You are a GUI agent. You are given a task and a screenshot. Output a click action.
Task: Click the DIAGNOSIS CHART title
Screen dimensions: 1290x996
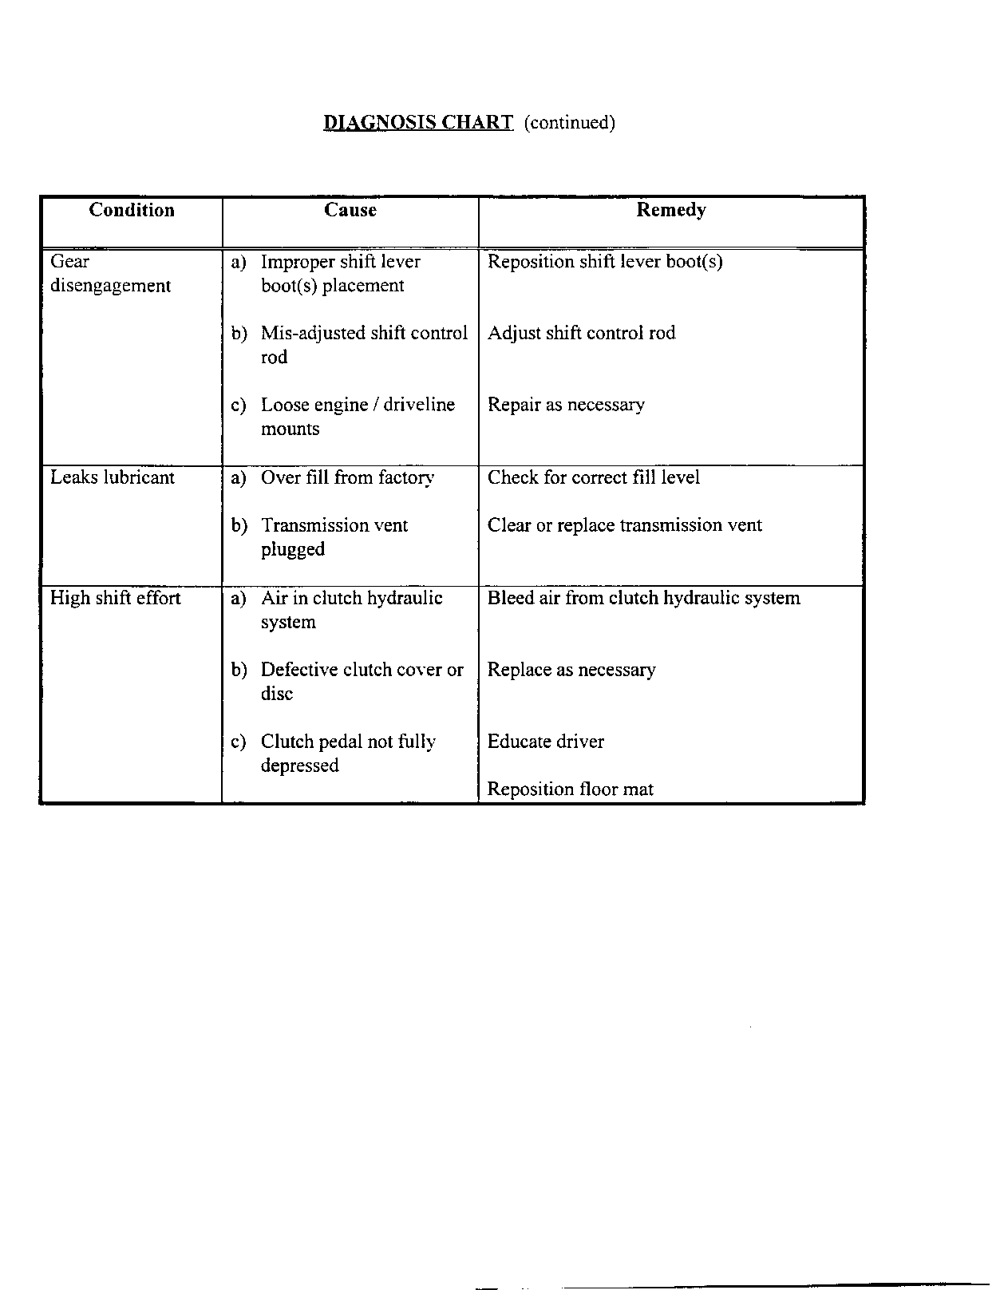(418, 122)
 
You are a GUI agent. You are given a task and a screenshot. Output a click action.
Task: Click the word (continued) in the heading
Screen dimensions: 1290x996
(569, 122)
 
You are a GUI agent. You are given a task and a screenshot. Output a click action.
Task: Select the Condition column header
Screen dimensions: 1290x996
(132, 210)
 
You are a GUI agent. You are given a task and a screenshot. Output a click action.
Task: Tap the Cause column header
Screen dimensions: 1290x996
(350, 210)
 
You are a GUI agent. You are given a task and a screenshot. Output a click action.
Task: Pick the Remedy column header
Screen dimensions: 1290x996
(670, 210)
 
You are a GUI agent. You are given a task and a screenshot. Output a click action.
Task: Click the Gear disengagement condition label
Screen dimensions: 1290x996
(110, 273)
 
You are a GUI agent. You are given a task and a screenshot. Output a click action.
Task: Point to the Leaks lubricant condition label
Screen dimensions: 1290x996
(112, 477)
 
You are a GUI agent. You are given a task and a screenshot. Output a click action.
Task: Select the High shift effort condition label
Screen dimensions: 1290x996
(115, 598)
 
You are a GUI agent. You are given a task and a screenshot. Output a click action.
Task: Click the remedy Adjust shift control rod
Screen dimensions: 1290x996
(581, 333)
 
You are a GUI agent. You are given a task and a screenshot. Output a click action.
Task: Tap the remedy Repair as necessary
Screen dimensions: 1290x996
(566, 405)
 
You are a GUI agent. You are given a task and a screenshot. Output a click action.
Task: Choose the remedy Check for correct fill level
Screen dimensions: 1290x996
(593, 477)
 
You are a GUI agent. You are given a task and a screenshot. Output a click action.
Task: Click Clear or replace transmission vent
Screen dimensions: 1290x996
(624, 525)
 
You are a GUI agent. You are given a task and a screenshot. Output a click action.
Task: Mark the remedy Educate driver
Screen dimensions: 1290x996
(546, 742)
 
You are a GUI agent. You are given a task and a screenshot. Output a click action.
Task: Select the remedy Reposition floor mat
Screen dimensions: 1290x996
(570, 789)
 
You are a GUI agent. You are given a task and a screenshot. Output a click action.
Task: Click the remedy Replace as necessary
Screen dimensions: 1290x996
(571, 670)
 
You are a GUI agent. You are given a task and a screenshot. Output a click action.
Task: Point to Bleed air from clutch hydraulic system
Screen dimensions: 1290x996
(643, 598)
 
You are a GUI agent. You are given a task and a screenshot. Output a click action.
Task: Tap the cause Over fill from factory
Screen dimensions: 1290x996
(347, 477)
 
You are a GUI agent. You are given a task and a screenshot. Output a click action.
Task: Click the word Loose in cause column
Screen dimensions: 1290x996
(285, 405)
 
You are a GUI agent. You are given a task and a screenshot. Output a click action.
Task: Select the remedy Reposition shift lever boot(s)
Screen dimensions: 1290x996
(605, 262)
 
